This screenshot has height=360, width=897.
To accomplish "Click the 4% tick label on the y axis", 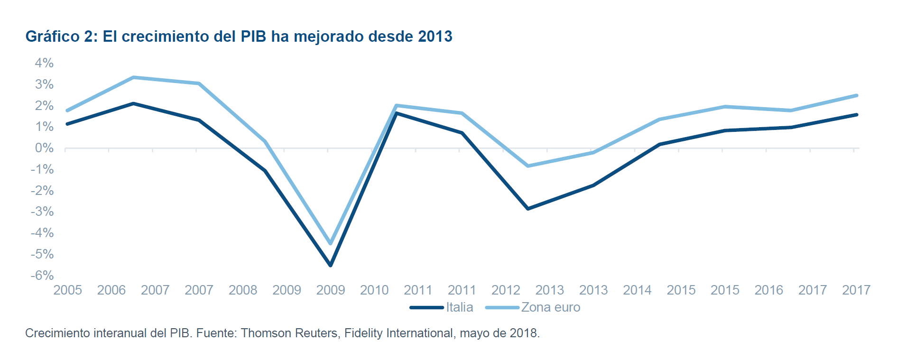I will (x=44, y=63).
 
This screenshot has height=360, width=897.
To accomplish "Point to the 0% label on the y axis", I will (x=44, y=148).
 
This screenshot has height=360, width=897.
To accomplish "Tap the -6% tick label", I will (x=42, y=276).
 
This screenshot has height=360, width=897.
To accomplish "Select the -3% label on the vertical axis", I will (x=42, y=212).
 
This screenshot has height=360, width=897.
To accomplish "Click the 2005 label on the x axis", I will (x=67, y=290).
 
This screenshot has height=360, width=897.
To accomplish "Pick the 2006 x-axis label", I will (x=111, y=290).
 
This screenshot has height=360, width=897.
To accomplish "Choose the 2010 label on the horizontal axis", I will (x=374, y=290).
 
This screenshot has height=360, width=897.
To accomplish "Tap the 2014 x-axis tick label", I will (x=637, y=290).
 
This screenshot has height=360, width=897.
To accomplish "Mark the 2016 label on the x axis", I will (x=768, y=290).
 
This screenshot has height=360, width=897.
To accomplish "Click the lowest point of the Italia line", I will (x=331, y=265).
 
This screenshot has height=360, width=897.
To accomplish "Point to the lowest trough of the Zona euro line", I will (x=331, y=244).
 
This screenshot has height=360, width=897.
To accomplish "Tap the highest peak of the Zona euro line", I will (x=134, y=77).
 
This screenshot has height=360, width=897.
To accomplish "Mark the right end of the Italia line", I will (x=857, y=115).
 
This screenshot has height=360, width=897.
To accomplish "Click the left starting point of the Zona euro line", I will (x=67, y=111).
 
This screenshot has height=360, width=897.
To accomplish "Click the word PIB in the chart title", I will (x=253, y=37).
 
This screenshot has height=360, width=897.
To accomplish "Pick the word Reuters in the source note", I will (x=317, y=333).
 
